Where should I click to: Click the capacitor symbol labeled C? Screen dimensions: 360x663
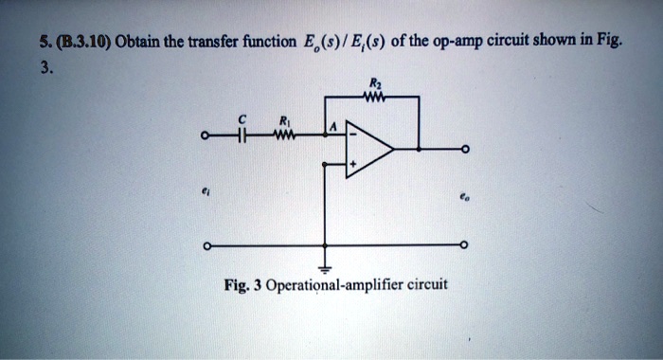[x=242, y=135]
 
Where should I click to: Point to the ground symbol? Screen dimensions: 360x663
[x=329, y=265]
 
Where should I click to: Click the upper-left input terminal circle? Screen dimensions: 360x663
[x=202, y=135]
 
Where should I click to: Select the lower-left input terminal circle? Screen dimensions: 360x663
[x=202, y=247]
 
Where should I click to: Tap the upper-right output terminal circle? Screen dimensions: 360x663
[x=464, y=150]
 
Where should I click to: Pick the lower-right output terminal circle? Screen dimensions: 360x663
[x=464, y=247]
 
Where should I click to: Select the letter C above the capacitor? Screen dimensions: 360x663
[x=242, y=119]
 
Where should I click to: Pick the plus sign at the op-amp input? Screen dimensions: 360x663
[x=352, y=163]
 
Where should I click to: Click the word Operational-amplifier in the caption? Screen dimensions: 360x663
[x=364, y=284]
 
